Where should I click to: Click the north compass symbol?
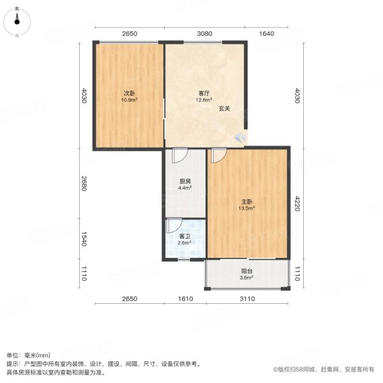point(17,22)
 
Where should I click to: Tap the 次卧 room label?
point(129,93)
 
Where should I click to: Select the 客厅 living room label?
point(204,93)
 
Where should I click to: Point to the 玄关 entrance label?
point(224,109)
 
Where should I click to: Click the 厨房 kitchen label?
point(185,181)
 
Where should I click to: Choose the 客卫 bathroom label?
point(184,236)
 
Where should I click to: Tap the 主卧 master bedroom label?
point(246,202)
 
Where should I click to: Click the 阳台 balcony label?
point(246,271)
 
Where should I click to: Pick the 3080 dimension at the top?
point(204,33)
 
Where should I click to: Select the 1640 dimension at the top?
point(266,33)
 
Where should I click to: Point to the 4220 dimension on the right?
point(297,203)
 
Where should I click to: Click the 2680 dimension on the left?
point(84,183)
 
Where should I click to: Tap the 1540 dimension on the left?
point(84,239)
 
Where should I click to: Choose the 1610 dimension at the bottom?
point(185,299)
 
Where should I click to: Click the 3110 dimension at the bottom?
point(248,299)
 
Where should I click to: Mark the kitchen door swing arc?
point(184,158)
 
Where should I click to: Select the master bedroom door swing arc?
point(223,158)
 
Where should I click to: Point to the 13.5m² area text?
point(246,208)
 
